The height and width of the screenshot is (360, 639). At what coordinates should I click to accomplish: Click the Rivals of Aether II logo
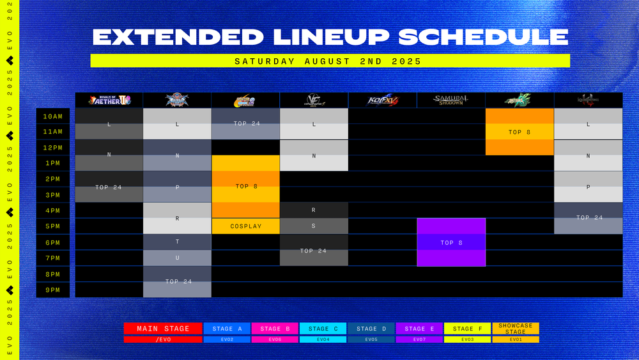click(109, 100)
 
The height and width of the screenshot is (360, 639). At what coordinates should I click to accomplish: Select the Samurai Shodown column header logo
click(451, 100)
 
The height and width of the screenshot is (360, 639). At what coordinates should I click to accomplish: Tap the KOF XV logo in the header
click(383, 100)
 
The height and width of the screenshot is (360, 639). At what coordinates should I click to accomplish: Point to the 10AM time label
click(53, 116)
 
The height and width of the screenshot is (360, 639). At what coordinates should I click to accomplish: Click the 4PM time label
click(53, 211)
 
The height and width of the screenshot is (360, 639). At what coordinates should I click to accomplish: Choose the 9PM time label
click(53, 290)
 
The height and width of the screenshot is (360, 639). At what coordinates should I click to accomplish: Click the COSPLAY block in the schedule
click(246, 226)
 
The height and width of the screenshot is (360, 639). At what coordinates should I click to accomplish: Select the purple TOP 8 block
click(451, 242)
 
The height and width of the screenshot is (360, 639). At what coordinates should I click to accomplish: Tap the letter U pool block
click(177, 258)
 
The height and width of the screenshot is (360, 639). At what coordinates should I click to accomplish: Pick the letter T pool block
click(177, 242)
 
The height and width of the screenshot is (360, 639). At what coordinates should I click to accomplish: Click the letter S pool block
click(314, 226)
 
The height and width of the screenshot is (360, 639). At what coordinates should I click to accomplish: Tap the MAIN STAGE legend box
click(163, 329)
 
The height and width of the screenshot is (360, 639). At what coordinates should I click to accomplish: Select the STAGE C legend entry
click(323, 329)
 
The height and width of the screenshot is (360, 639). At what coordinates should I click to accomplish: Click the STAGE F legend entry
click(467, 329)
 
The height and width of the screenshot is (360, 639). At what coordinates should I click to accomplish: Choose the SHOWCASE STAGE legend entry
click(515, 329)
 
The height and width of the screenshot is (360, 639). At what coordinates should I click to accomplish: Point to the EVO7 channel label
click(419, 340)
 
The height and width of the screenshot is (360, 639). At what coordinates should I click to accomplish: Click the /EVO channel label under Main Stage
click(163, 340)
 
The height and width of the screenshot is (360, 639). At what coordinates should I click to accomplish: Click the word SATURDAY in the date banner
click(264, 61)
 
